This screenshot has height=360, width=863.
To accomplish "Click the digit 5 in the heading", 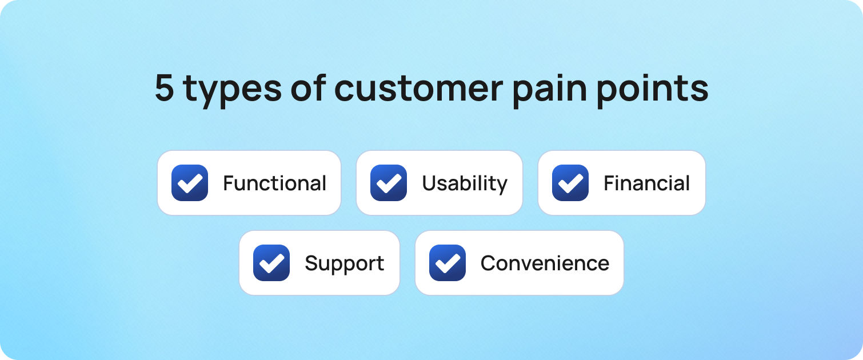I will pyautogui.click(x=165, y=89).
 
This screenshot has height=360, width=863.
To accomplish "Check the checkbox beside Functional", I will pyautogui.click(x=190, y=183).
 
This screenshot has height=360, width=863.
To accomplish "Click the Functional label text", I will pyautogui.click(x=274, y=183).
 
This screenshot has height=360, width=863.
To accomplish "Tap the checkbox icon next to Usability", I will pyautogui.click(x=389, y=183).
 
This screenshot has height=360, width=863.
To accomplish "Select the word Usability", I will pyautogui.click(x=465, y=183).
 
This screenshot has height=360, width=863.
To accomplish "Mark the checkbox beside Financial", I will pyautogui.click(x=570, y=183).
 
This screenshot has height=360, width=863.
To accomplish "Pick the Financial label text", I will pyautogui.click(x=646, y=183).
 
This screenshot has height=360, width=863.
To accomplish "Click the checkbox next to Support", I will pyautogui.click(x=271, y=263).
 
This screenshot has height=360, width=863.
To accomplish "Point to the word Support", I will pyautogui.click(x=344, y=264).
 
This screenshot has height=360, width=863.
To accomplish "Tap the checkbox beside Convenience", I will pyautogui.click(x=448, y=263).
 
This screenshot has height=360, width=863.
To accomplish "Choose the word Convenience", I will pyautogui.click(x=545, y=263).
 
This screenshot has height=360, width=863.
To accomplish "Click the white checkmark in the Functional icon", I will pyautogui.click(x=190, y=183).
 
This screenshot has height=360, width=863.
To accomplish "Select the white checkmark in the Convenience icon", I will pyautogui.click(x=448, y=263).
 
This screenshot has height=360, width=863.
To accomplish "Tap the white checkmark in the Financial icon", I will pyautogui.click(x=570, y=183).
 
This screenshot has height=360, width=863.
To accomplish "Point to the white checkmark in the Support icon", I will pyautogui.click(x=271, y=263).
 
